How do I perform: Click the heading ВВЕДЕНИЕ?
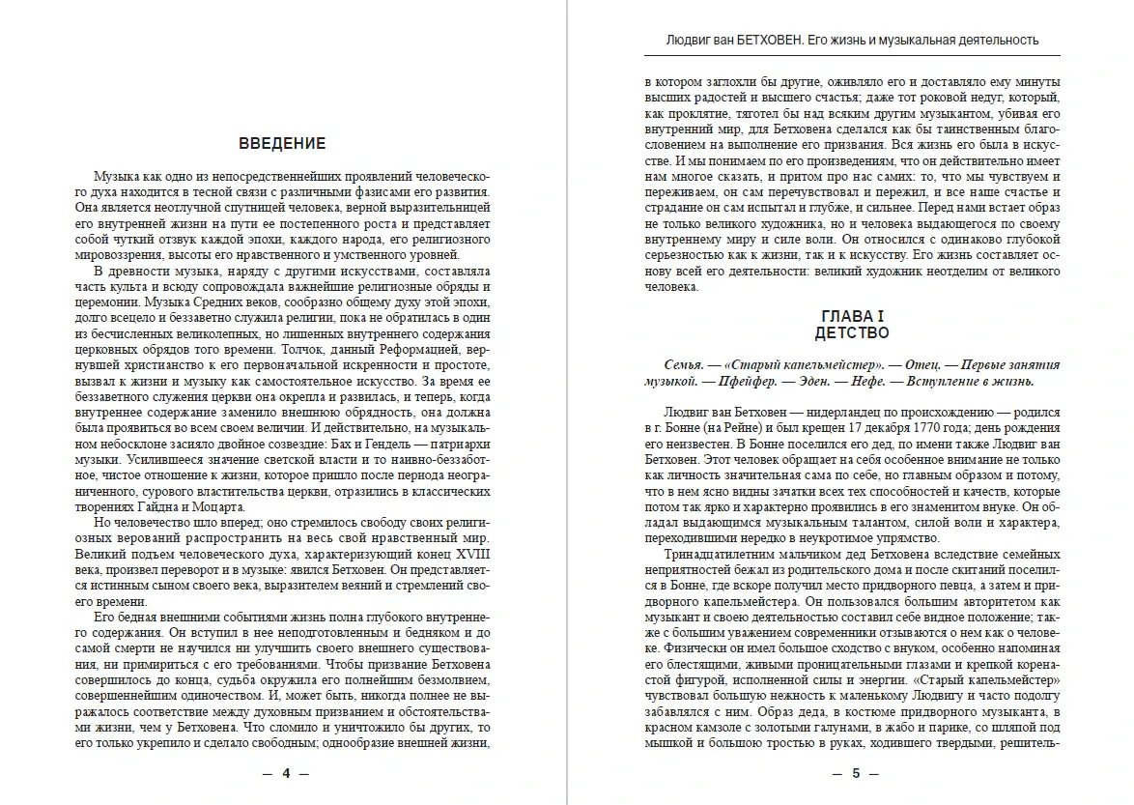pyautogui.click(x=282, y=144)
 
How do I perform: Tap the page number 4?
pyautogui.click(x=286, y=773)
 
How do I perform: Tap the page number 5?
pyautogui.click(x=854, y=773)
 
